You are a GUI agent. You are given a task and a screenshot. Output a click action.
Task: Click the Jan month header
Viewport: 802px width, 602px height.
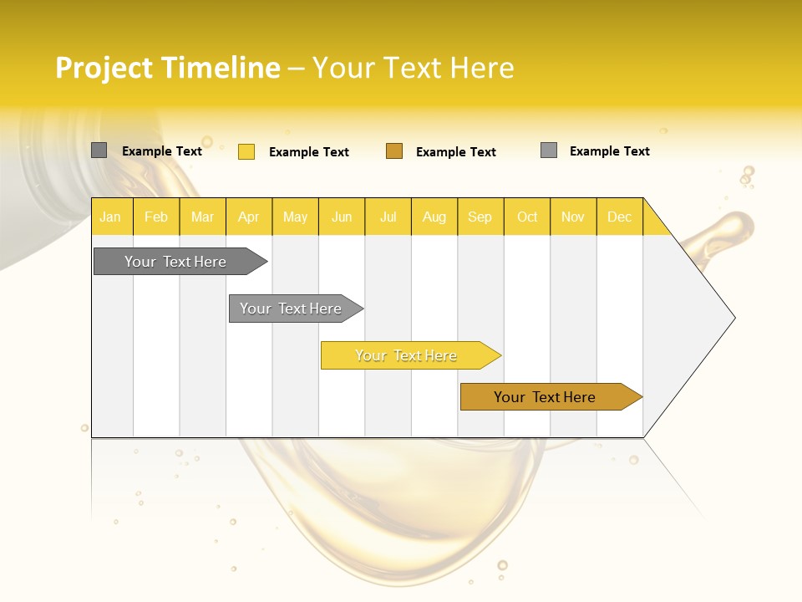point(110,217)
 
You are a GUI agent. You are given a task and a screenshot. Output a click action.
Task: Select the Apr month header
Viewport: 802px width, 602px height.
point(249,217)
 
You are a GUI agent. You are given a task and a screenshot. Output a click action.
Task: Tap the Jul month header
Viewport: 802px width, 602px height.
point(388,217)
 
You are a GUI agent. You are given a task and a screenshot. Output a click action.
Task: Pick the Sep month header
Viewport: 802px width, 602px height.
point(480,217)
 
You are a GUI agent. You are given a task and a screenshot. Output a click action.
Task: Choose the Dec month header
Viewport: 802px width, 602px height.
point(619,217)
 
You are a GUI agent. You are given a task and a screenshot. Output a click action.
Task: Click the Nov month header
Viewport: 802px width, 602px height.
point(572,217)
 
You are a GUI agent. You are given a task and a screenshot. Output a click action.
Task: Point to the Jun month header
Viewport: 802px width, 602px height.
point(342,217)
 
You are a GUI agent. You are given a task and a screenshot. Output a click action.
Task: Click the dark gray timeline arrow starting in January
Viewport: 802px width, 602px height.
point(175,262)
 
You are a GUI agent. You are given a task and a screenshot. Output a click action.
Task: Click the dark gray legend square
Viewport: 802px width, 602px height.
point(99,150)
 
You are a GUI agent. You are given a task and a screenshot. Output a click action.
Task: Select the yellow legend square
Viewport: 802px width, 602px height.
point(246,151)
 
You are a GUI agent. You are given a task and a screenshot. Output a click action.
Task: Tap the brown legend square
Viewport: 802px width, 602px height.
point(394,151)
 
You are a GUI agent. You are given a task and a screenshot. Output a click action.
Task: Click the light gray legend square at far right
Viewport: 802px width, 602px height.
point(549,150)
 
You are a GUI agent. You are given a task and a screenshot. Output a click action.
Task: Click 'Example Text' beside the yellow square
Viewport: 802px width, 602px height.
point(309,152)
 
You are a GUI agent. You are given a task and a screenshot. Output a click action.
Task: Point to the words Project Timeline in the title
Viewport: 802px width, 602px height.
point(167,68)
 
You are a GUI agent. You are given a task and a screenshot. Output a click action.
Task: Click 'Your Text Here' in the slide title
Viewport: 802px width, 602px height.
point(413,68)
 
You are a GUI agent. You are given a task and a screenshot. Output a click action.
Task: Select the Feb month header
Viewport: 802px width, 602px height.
point(156,217)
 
